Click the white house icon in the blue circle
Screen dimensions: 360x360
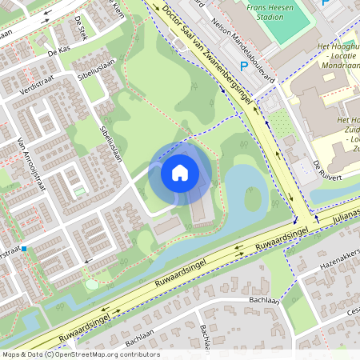180,171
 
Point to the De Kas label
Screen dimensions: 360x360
59,51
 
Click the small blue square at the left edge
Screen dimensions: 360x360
25,249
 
